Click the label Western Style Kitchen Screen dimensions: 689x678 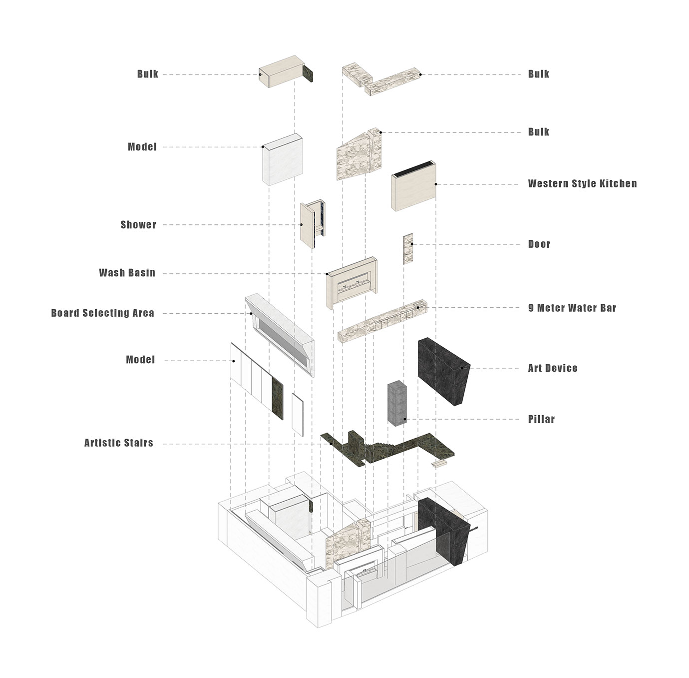582,184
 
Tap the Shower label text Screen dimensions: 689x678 138,225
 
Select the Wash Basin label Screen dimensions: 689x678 127,273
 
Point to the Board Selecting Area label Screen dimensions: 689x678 103,313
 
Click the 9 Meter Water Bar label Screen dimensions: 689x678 572,308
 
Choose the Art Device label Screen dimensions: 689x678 552,368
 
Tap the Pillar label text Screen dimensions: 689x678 541,419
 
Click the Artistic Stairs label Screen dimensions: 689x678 119,443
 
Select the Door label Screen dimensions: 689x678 539,244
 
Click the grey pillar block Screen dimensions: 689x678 397,403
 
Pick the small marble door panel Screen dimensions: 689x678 408,249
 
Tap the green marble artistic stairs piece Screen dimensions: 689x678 386,448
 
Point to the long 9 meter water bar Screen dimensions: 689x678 382,321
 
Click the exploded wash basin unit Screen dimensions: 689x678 352,283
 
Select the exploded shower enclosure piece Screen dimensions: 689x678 313,224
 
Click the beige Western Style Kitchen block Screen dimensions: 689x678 414,186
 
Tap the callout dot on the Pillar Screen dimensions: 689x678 405,419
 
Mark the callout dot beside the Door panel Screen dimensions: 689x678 412,244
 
